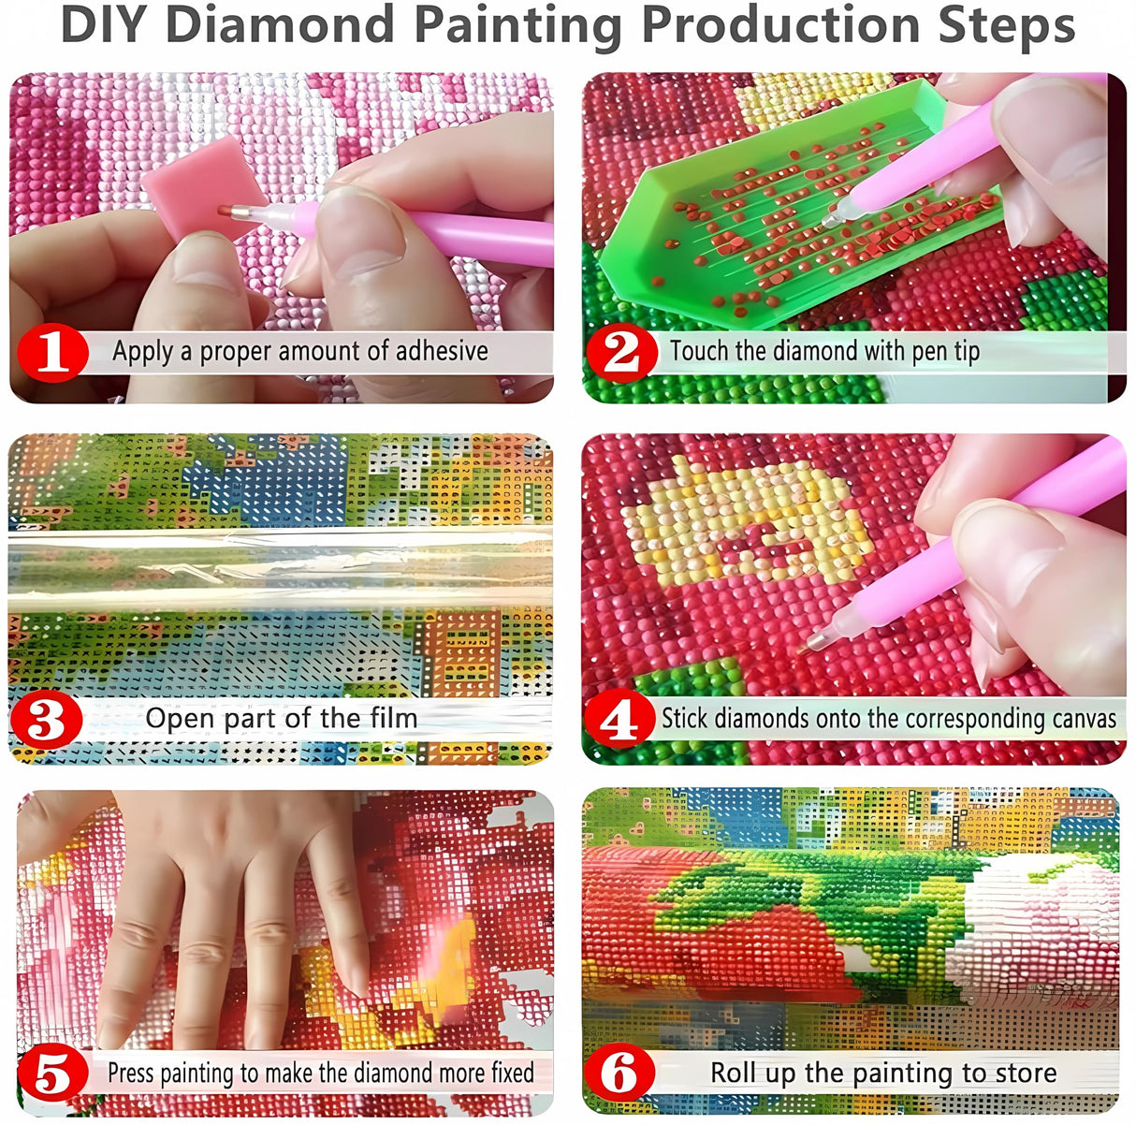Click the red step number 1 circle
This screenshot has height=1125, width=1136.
click(x=52, y=353)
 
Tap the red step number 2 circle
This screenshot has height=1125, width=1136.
click(x=619, y=353)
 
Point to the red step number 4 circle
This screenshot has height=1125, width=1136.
click(x=618, y=720)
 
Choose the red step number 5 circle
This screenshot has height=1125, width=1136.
click(x=52, y=1074)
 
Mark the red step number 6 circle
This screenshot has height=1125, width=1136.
click(x=619, y=1074)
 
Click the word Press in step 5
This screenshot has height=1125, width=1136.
click(x=131, y=1073)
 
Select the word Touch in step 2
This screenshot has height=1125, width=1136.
click(x=698, y=351)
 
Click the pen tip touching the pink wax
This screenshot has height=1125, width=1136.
click(x=226, y=210)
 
